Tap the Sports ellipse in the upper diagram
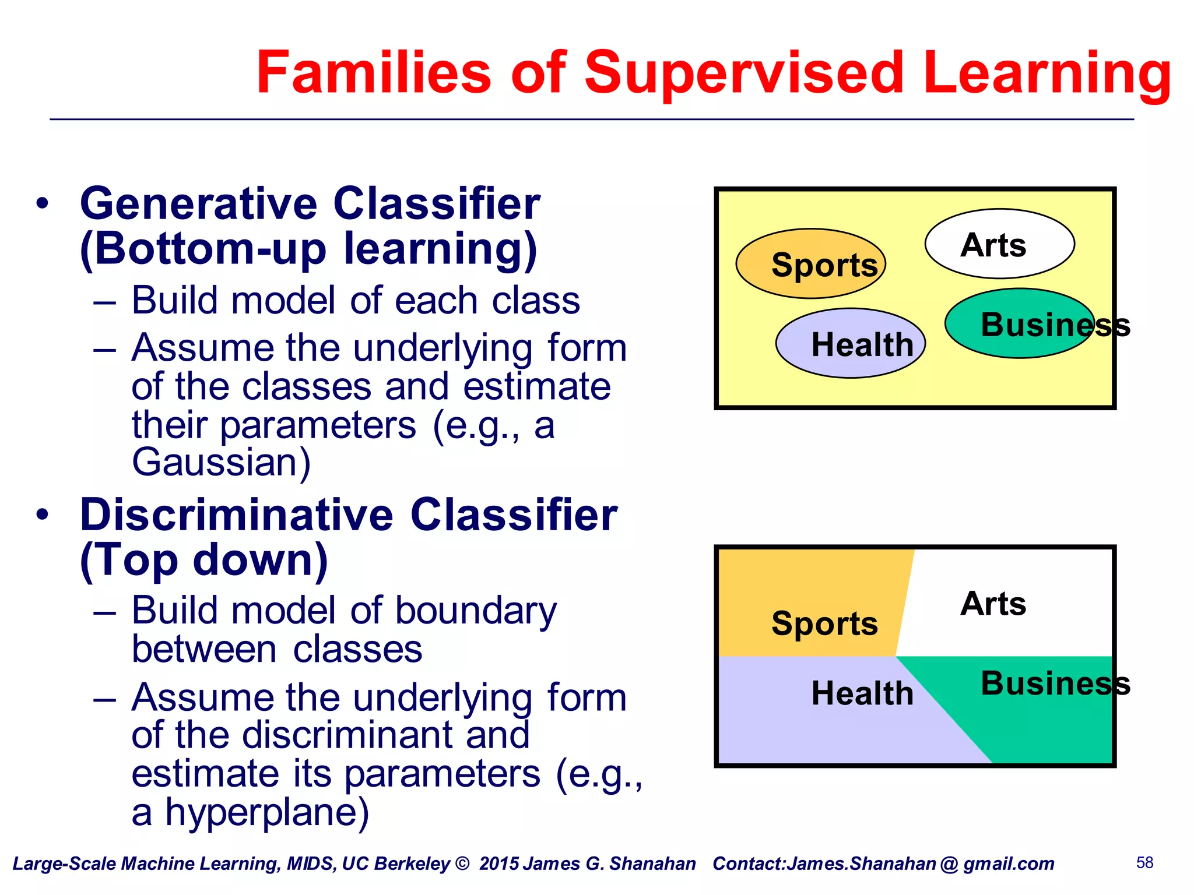pos(810,264)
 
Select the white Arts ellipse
pos(999,244)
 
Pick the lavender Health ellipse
pos(850,344)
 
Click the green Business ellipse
pos(1019,324)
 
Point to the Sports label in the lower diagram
pos(824,623)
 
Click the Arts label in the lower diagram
pos(993,604)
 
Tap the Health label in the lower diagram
pos(862,693)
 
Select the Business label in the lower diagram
pos(1055,683)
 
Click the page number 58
pos(1144,862)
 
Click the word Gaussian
pos(220,463)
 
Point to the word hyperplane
pos(267,812)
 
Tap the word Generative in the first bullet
pos(198,204)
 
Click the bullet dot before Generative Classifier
pos(42,205)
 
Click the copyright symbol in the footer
pos(462,864)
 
